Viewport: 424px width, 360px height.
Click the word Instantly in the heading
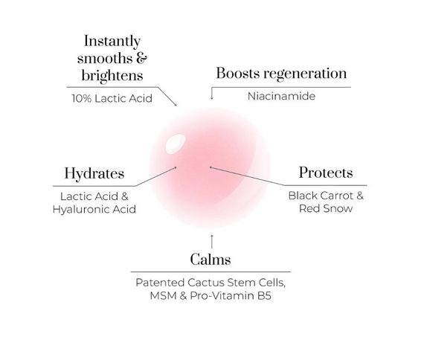112,42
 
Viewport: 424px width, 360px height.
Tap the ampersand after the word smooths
141,59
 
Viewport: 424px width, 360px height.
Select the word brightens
112,75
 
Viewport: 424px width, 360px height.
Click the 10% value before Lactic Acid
81,98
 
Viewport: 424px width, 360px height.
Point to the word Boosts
238,73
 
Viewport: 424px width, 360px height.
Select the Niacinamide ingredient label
281,96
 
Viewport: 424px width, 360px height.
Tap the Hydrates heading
94,174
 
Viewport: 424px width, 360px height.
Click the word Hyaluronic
81,209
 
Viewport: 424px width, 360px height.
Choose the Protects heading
326,173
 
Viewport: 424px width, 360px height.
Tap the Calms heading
211,260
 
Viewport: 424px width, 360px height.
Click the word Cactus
206,283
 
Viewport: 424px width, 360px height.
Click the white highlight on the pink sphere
176,144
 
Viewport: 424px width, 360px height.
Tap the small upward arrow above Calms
212,242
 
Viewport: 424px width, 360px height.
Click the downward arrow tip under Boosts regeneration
212,99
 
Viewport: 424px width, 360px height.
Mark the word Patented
160,283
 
